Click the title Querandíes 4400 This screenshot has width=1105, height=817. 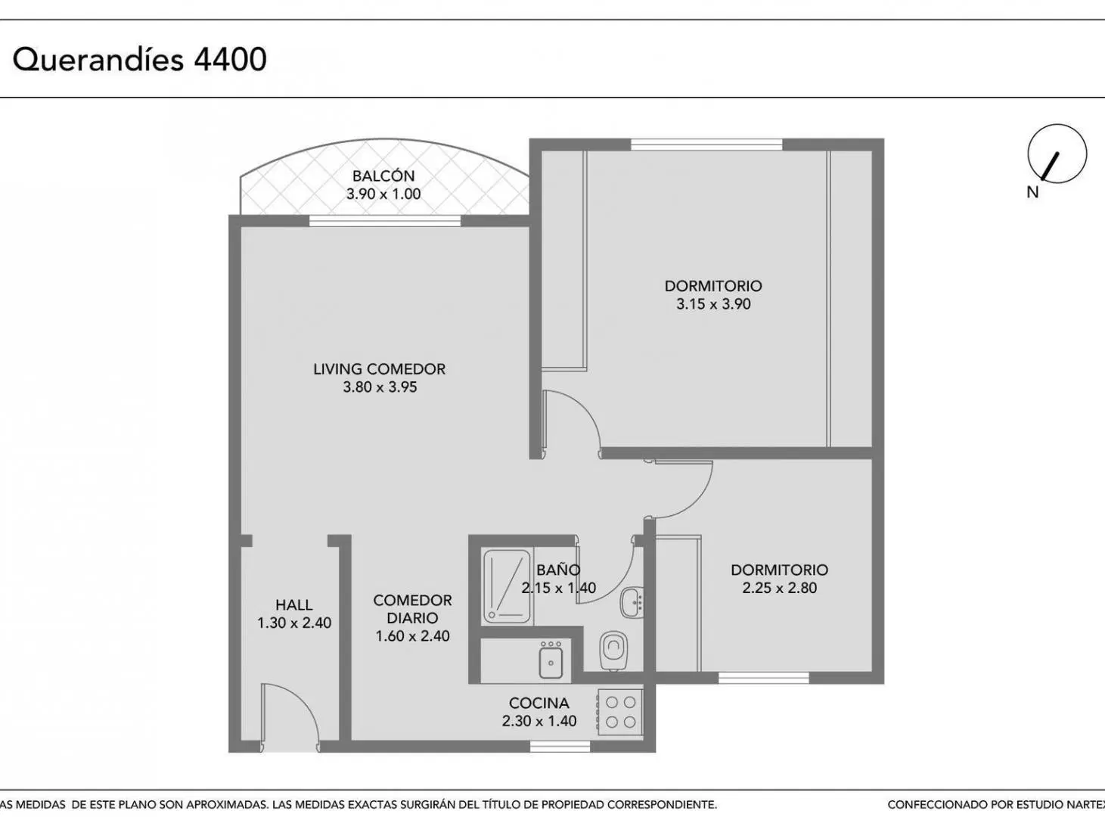[x=139, y=60]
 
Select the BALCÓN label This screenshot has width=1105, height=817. [x=383, y=176]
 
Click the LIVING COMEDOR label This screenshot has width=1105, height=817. [x=379, y=369]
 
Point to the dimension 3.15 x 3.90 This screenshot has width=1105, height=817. [x=713, y=304]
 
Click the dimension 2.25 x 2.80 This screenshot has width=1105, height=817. [x=779, y=588]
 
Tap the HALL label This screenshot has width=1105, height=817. [x=294, y=604]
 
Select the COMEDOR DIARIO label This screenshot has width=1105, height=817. [x=412, y=609]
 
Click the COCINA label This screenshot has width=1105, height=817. [x=539, y=703]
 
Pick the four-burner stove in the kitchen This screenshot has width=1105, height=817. [x=619, y=712]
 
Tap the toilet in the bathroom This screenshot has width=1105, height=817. [x=614, y=650]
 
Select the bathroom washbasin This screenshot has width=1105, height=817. [x=632, y=603]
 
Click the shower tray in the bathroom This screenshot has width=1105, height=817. [x=507, y=587]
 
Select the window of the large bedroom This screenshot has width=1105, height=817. [x=706, y=144]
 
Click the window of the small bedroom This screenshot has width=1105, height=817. [x=764, y=677]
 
